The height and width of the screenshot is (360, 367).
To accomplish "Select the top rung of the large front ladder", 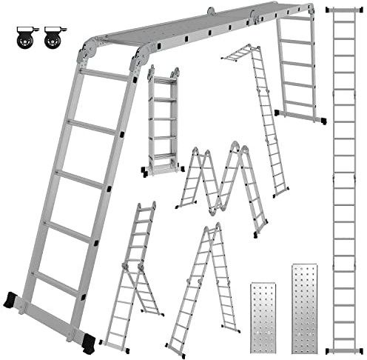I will pyautogui.click(x=106, y=75).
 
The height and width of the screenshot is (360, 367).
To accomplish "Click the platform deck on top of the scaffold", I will pyautogui.click(x=200, y=29).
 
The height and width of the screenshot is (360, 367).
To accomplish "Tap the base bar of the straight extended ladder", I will pyautogui.click(x=345, y=346).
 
